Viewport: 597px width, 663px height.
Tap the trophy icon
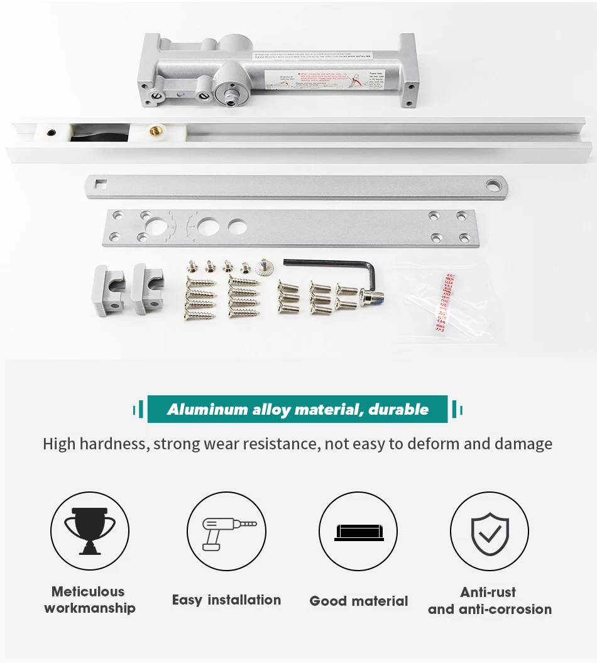[90, 530]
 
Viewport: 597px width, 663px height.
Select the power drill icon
[227, 531]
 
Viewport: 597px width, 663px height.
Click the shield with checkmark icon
[490, 531]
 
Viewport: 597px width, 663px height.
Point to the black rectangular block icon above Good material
[358, 532]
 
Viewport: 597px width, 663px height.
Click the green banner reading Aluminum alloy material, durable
[298, 410]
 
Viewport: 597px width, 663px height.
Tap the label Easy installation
[226, 600]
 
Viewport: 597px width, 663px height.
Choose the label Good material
[358, 601]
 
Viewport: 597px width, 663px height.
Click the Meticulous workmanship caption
[90, 600]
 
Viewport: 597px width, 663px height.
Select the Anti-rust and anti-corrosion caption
[490, 600]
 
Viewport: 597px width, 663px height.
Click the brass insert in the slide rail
[151, 132]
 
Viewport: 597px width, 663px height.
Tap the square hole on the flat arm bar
[101, 185]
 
